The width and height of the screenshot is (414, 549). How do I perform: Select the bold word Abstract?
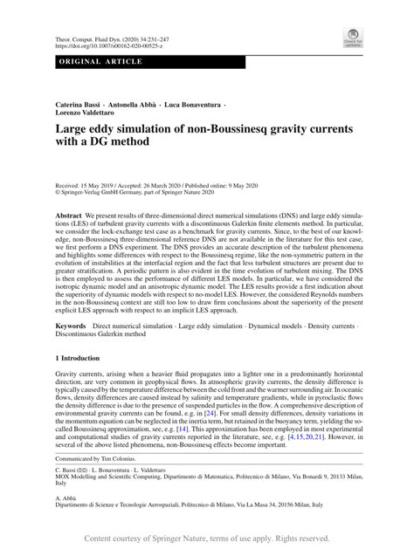[x=69, y=215]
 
